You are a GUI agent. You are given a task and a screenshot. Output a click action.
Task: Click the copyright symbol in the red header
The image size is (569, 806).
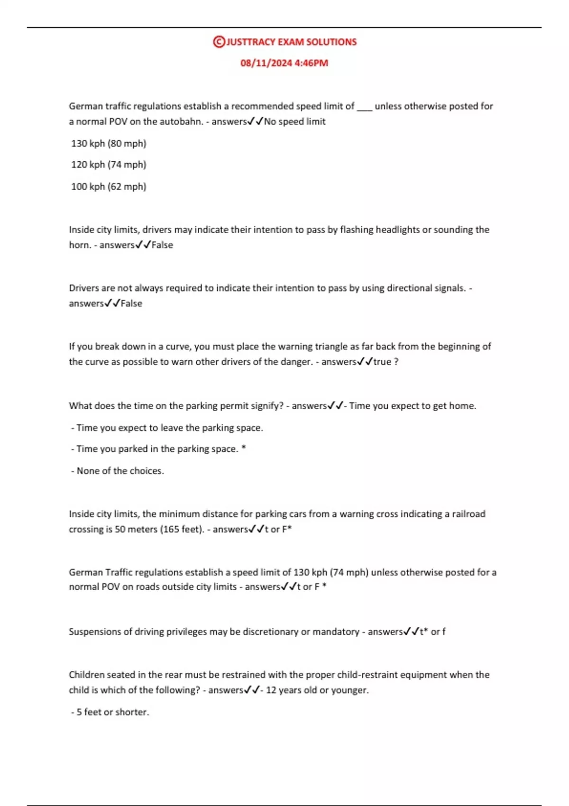click(219, 42)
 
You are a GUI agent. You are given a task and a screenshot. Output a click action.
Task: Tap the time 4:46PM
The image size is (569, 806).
click(311, 63)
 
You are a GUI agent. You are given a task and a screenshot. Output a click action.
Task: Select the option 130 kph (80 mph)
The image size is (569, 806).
click(109, 143)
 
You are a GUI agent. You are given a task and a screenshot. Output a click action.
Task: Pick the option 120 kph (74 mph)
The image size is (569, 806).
click(109, 165)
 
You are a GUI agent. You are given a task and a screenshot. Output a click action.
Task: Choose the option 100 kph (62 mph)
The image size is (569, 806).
click(109, 186)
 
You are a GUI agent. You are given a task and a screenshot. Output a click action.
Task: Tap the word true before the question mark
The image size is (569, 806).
click(382, 362)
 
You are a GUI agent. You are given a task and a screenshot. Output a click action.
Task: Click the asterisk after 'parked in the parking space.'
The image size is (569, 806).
click(244, 448)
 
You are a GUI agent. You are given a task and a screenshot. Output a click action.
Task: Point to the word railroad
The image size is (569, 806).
click(468, 514)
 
